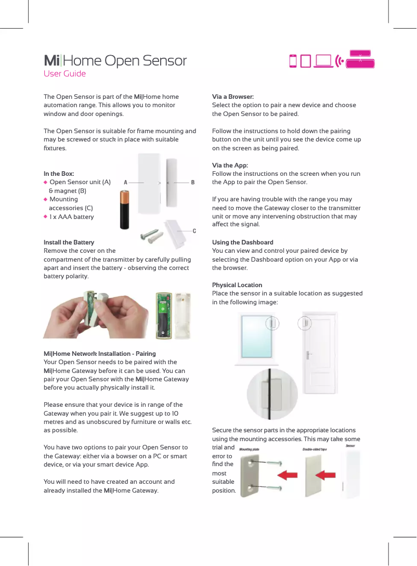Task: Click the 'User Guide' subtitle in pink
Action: [64, 74]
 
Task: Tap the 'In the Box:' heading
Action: [59, 174]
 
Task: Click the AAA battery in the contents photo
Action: [125, 210]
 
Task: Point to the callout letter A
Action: [125, 183]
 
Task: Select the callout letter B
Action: [193, 183]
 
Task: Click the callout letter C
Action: [194, 230]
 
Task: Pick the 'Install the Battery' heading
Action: [69, 242]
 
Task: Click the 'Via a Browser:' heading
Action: [233, 97]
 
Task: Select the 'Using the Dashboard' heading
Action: [242, 242]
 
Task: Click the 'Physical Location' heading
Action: [237, 285]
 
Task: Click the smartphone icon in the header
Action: [293, 61]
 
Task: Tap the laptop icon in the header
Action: [323, 61]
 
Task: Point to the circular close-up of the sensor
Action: [272, 391]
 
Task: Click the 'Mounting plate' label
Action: [249, 449]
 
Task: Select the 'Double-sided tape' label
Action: [315, 449]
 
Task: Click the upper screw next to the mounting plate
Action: [273, 462]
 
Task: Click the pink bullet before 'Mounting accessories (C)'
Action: [46, 199]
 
